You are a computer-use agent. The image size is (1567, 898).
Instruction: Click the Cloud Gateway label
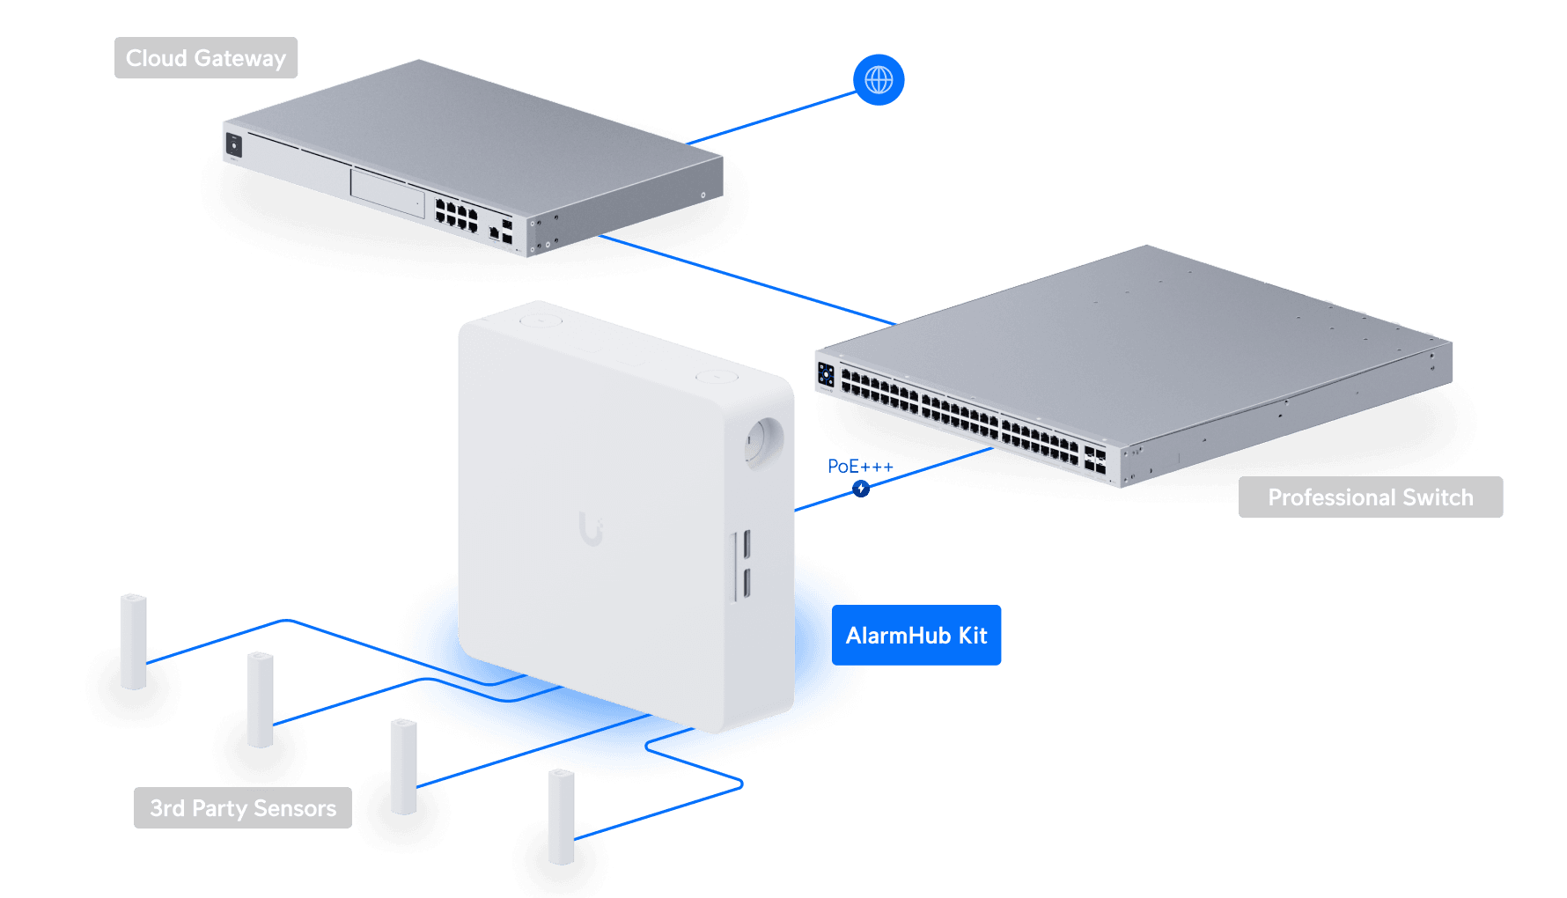click(x=206, y=58)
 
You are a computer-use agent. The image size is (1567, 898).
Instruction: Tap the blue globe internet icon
click(x=879, y=80)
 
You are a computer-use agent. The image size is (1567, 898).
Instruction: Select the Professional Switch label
click(x=1370, y=497)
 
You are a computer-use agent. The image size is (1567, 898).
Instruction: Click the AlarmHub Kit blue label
click(x=916, y=636)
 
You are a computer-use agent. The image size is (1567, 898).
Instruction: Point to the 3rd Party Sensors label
click(x=243, y=808)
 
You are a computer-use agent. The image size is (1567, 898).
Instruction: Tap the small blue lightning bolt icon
click(x=861, y=489)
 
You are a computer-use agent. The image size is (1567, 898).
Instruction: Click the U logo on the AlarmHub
click(x=591, y=528)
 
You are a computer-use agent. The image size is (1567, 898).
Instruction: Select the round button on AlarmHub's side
click(x=761, y=441)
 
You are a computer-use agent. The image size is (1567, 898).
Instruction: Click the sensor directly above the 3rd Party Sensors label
click(x=261, y=700)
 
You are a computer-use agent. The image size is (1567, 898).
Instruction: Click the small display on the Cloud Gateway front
click(x=234, y=144)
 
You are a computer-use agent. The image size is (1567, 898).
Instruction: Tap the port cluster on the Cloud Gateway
click(x=456, y=215)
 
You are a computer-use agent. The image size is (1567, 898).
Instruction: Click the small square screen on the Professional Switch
click(x=826, y=374)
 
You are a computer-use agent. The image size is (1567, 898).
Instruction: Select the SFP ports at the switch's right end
click(x=1094, y=460)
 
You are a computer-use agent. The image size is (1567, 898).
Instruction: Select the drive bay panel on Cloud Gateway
click(x=387, y=193)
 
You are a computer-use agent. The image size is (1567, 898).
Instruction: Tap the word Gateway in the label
click(x=239, y=58)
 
